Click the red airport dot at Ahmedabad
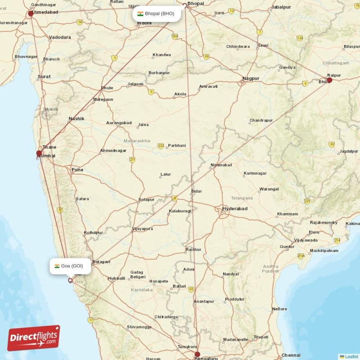coord(31,13)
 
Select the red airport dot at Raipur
coord(329,80)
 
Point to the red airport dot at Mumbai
coord(39,153)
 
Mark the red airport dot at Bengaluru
coord(197,355)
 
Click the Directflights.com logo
coord(34,338)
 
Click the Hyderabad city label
coord(235,209)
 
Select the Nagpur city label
coord(251,78)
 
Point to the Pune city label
coord(77,170)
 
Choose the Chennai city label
coord(291,355)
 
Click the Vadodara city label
coord(60,37)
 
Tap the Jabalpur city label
coord(281,7)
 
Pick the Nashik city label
coord(76,119)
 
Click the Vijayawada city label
coord(306,240)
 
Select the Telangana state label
coord(242,198)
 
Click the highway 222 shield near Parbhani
coord(161,146)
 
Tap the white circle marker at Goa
coord(70,280)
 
